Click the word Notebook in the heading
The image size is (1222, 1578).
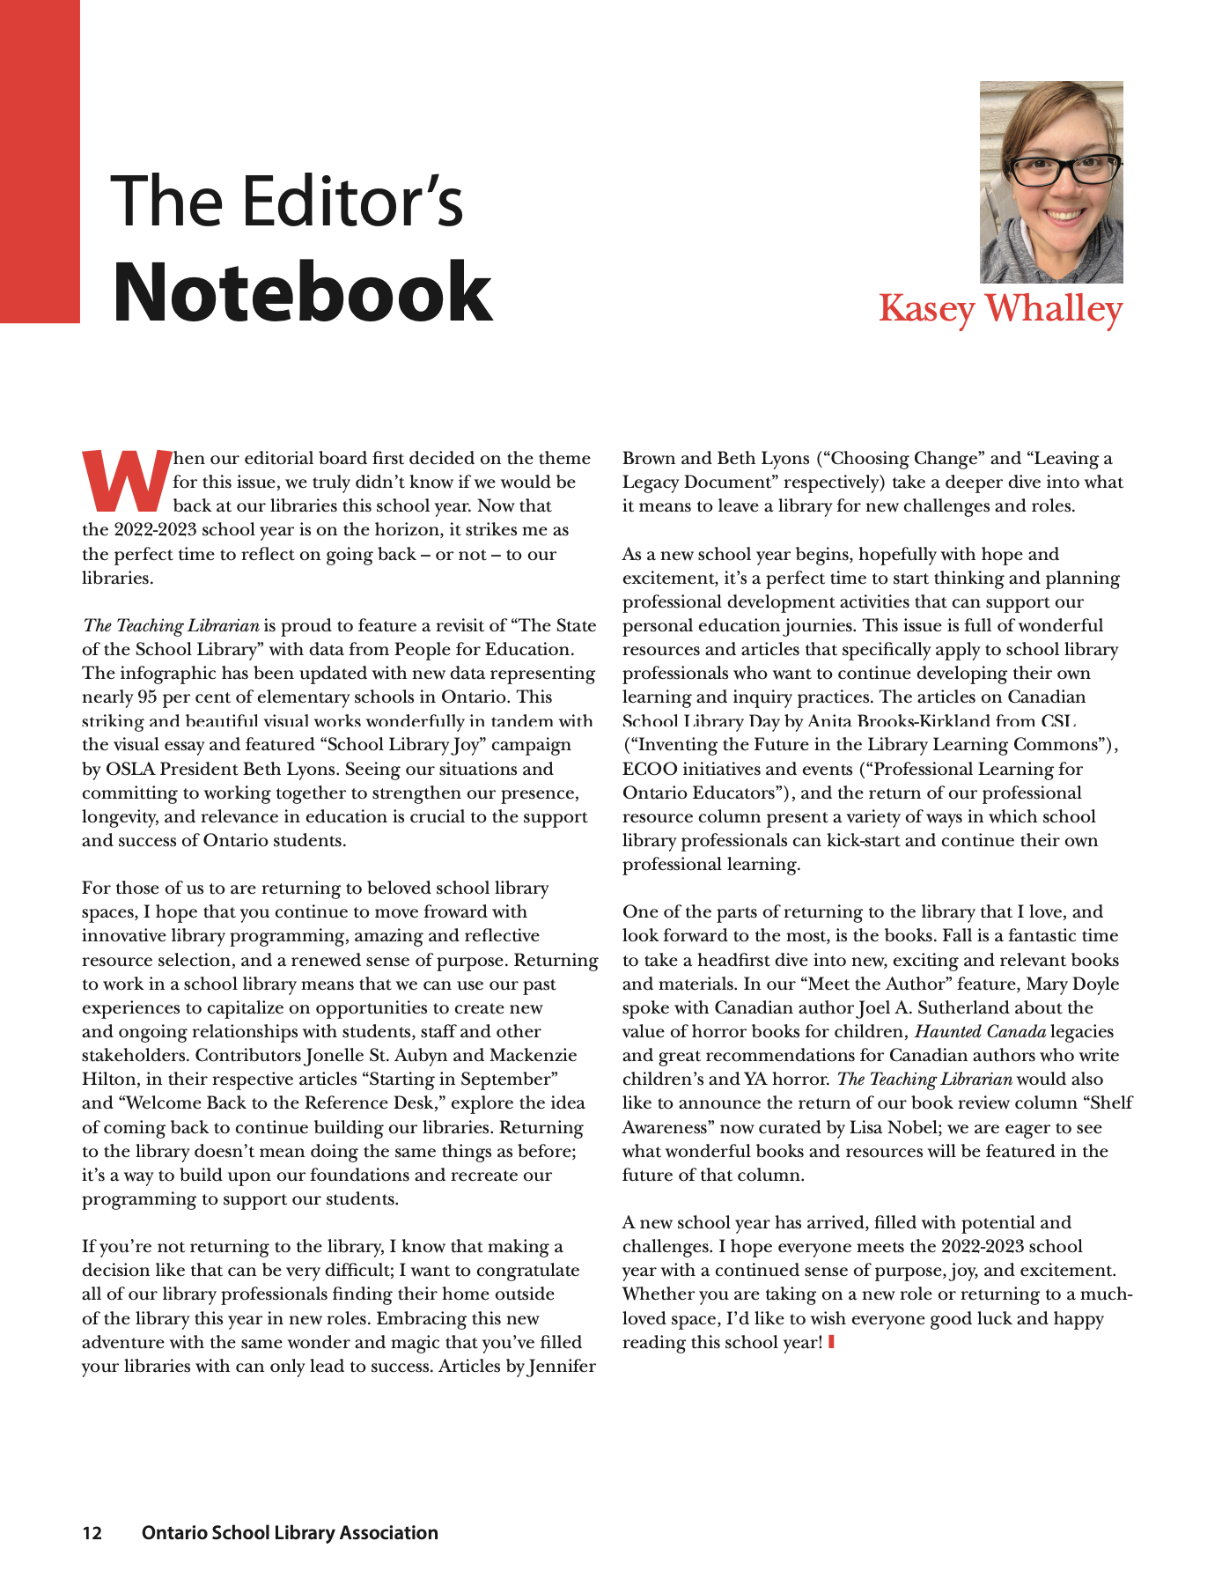[302, 292]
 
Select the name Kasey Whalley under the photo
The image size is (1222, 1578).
[1000, 309]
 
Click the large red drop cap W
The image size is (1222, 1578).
[126, 481]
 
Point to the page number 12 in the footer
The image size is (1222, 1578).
[92, 1533]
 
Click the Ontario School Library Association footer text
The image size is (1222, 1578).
[290, 1533]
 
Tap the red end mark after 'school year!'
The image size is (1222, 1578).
[831, 1342]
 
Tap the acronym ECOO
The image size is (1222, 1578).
[650, 769]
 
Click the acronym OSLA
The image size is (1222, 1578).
[130, 769]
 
